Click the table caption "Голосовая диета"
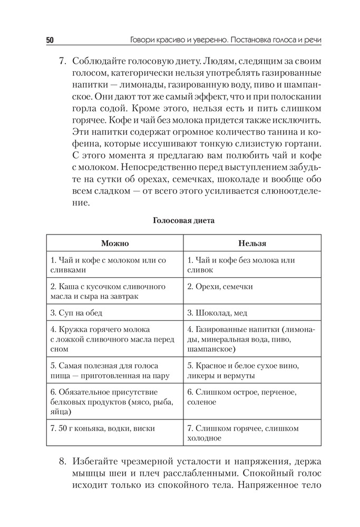click(183, 221)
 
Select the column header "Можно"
click(115, 243)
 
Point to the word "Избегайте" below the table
click(99, 462)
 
